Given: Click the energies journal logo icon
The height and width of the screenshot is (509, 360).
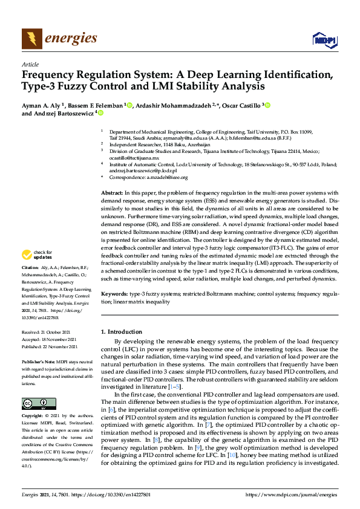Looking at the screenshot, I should tap(31, 39).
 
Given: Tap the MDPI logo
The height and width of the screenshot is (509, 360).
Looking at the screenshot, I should tap(324, 40).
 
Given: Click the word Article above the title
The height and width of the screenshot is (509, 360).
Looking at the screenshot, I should tap(30, 64).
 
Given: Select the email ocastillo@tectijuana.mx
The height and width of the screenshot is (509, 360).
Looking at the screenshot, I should tap(134, 158).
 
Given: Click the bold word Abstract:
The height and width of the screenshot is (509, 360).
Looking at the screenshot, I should tap(113, 192).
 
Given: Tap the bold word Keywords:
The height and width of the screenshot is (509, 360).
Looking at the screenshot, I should tap(114, 294).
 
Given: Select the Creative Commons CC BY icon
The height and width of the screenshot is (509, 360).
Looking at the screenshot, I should tap(39, 403).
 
